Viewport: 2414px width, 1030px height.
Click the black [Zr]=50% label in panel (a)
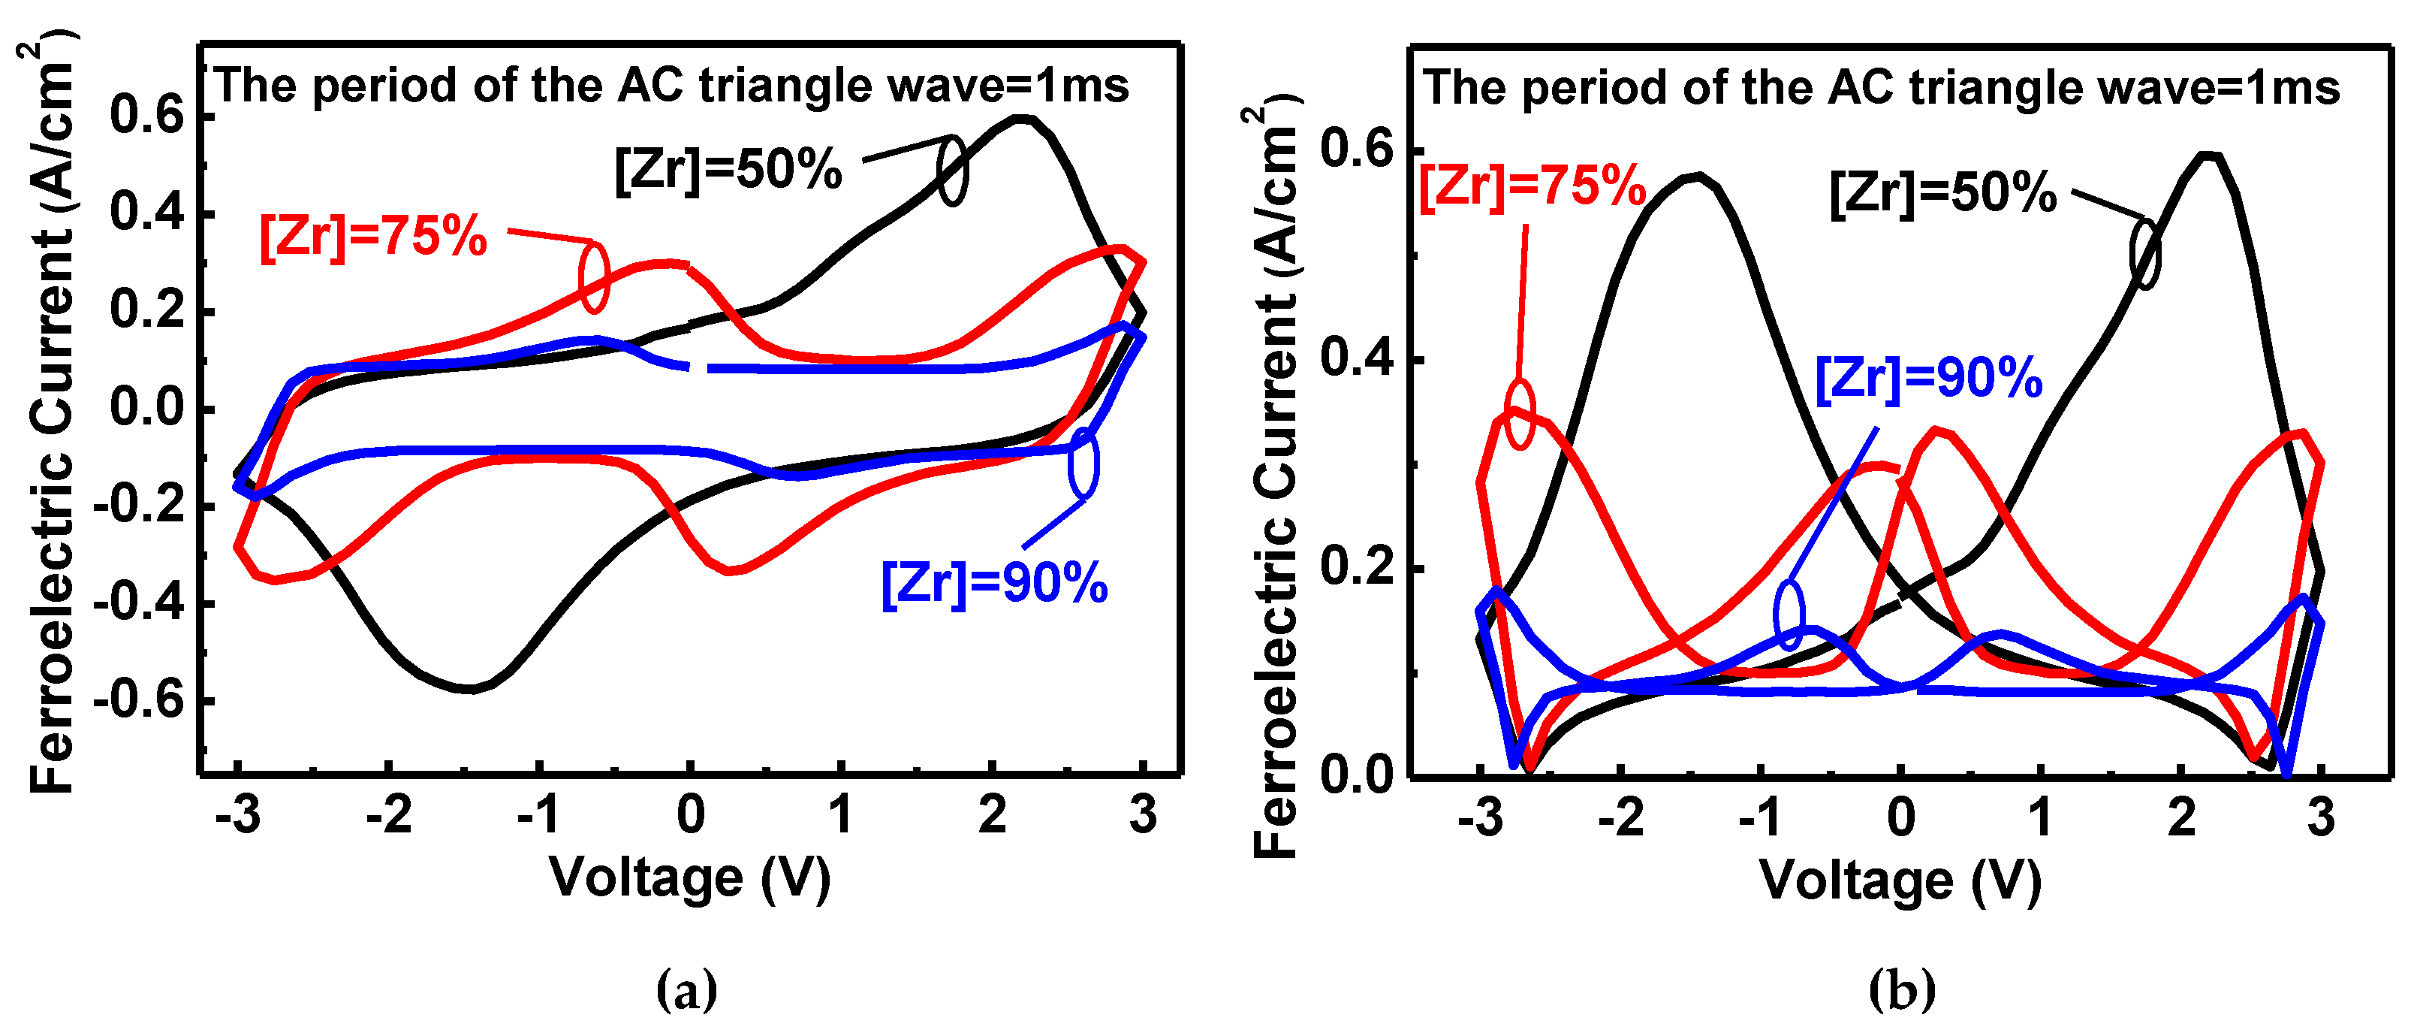coord(728,171)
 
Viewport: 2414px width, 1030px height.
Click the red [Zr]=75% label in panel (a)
coord(373,236)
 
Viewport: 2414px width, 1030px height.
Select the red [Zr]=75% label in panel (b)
coord(1532,186)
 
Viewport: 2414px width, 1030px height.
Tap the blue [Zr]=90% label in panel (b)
coord(1929,379)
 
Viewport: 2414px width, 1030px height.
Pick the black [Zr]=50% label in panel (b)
coord(1942,193)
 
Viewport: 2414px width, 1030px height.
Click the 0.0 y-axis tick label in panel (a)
coord(147,409)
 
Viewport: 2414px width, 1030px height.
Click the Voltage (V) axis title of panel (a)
coord(690,878)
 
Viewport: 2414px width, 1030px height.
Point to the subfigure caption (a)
coord(687,989)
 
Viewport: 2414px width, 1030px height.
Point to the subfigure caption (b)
coord(1901,989)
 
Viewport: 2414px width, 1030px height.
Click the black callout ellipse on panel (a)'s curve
coord(952,171)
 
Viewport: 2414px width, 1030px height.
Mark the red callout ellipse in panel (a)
coord(593,276)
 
